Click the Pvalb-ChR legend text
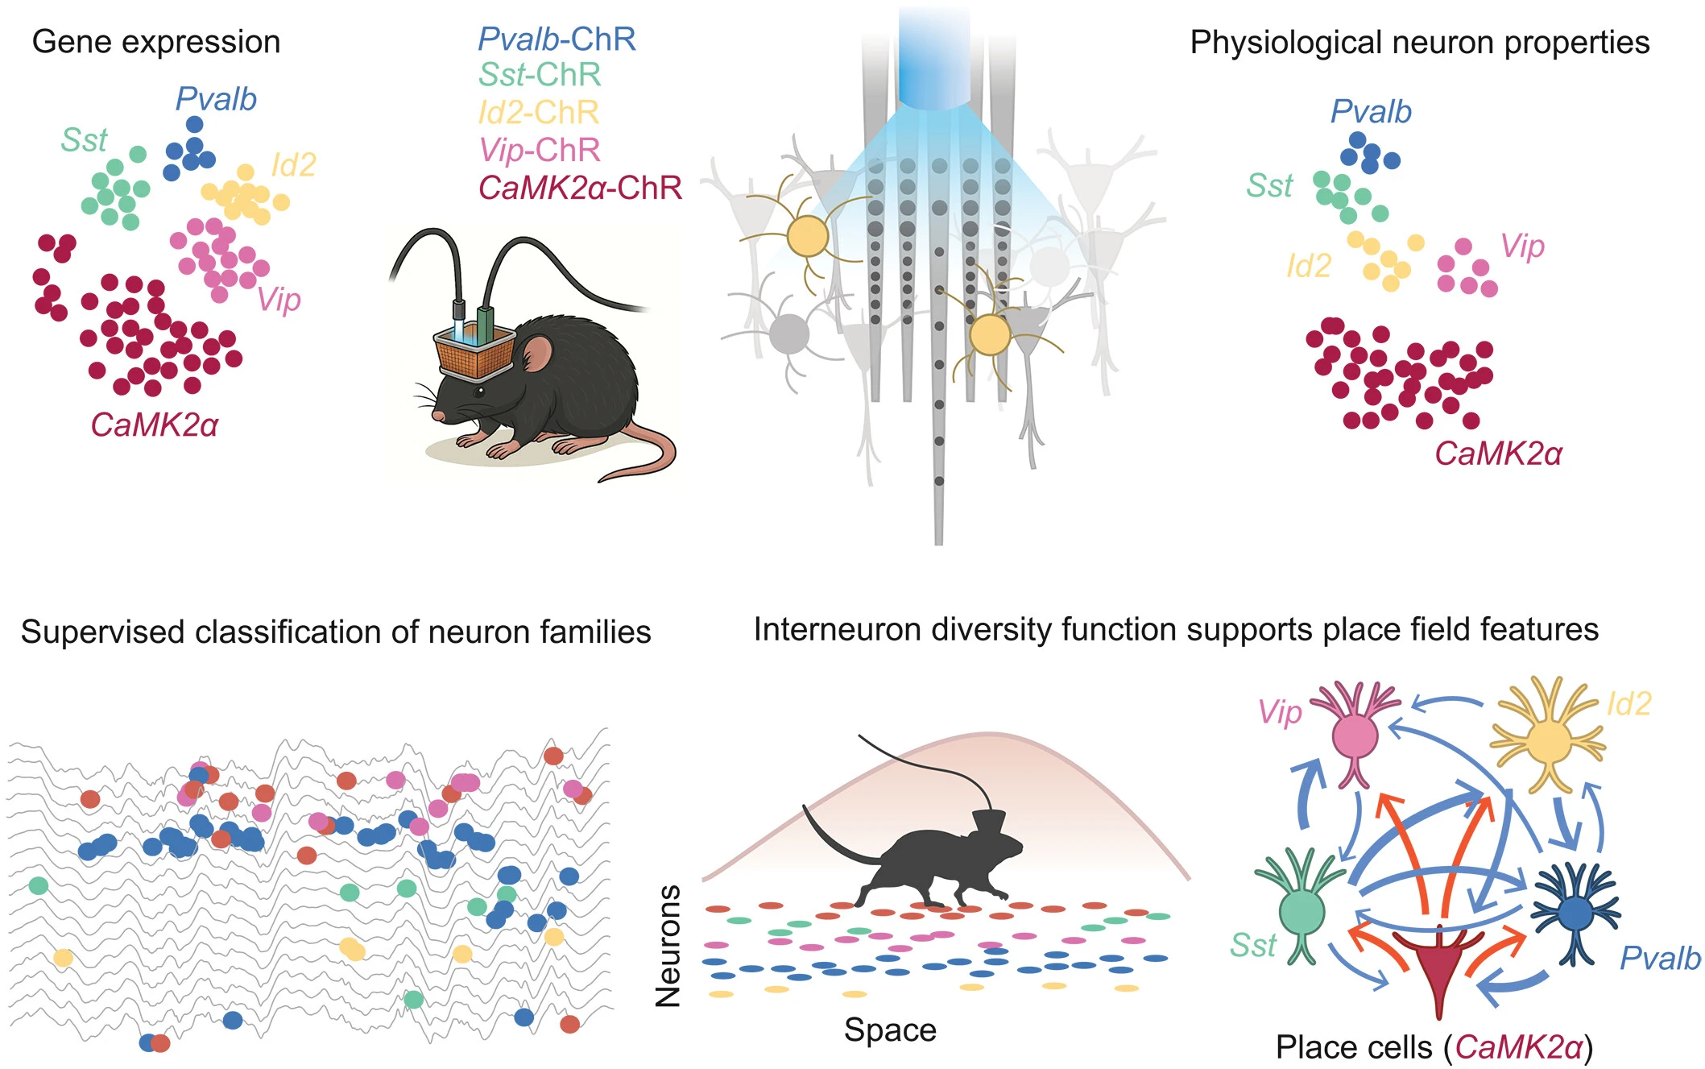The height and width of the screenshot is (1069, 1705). point(557,39)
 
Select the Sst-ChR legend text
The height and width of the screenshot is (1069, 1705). point(540,75)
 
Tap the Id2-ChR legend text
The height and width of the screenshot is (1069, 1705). point(538,113)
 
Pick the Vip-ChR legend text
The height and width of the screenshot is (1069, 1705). point(540,150)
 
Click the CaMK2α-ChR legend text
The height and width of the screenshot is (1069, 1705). point(580,188)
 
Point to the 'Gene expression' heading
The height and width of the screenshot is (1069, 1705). point(155,42)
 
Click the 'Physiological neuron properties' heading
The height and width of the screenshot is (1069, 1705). point(1419,43)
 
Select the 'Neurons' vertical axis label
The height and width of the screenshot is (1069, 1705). point(668,946)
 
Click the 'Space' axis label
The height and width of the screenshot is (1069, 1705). point(890,1030)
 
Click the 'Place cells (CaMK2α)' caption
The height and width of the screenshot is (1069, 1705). point(1434,1047)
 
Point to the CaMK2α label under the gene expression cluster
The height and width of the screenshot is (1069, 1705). point(154,425)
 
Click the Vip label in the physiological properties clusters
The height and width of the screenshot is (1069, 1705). point(1522,246)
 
